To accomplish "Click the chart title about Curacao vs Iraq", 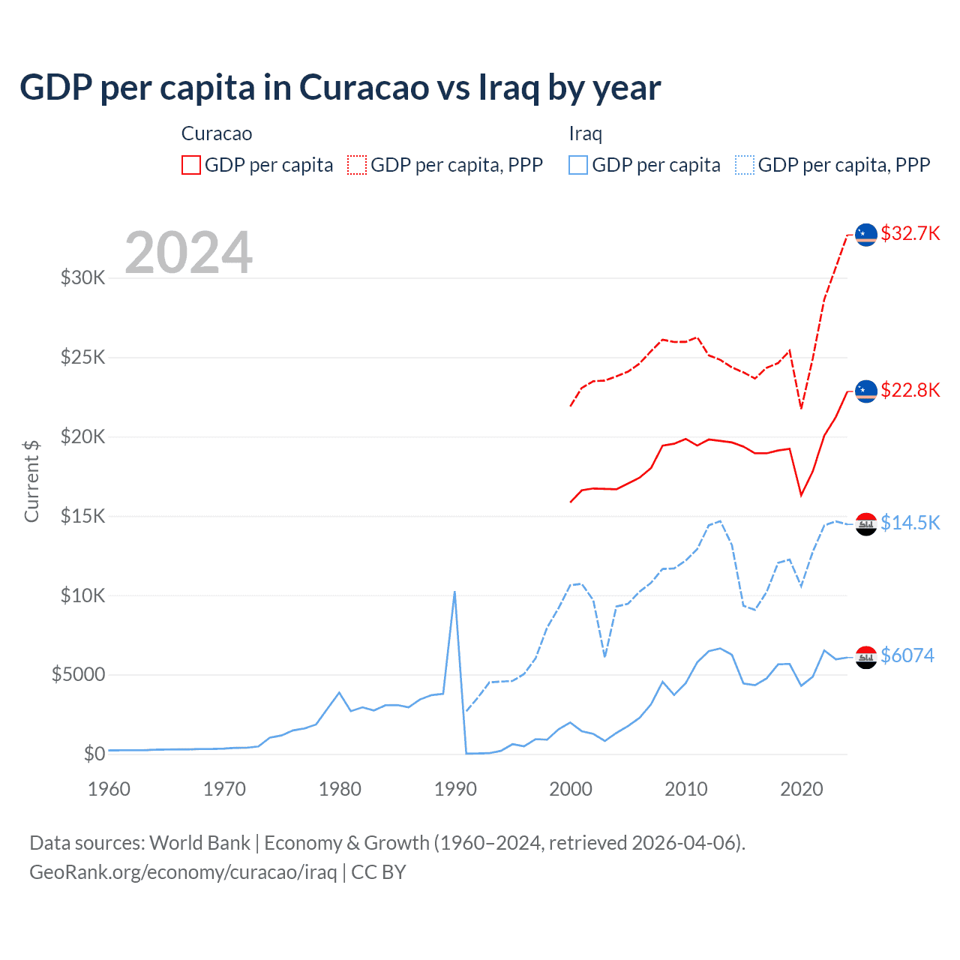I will click(340, 88).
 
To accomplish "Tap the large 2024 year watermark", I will click(188, 253).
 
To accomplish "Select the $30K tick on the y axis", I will click(83, 278).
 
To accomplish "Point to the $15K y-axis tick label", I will click(83, 516).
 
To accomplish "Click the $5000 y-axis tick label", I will click(79, 675).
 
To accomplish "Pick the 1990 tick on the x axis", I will click(455, 789).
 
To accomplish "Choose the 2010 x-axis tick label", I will click(686, 789).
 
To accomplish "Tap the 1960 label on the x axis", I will click(109, 789).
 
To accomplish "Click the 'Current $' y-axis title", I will click(31, 481).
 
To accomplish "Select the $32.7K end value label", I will click(910, 233).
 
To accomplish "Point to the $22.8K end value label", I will click(910, 390).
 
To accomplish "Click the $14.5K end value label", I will click(910, 523).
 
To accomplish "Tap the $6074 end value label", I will click(907, 655).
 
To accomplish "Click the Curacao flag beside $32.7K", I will click(866, 235).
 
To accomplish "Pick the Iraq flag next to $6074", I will click(866, 657).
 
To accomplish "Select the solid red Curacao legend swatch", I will click(191, 165).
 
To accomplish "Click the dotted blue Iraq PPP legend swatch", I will click(745, 165).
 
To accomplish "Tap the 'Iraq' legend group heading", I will click(586, 133).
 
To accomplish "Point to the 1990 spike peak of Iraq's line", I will click(454, 592).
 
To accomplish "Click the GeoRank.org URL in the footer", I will click(183, 872).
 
